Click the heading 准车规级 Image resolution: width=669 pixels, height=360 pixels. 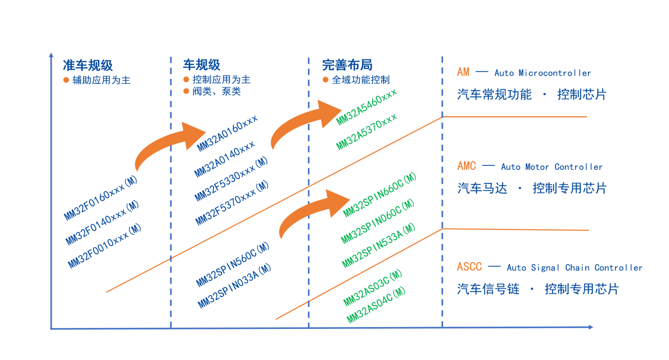88,65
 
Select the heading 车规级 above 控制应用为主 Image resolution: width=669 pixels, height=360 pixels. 202,65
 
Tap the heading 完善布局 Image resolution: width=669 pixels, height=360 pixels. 347,65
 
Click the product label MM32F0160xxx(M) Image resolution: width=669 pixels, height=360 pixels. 101,198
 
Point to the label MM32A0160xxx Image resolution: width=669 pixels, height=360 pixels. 227,133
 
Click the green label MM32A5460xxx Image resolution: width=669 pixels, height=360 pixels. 366,107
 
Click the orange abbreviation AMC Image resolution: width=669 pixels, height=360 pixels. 466,166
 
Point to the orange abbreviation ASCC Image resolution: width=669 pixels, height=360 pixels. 469,267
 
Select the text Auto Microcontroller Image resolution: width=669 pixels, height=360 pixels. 542,73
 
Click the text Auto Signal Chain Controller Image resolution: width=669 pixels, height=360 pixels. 574,268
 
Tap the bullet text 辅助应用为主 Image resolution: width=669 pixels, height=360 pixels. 101,81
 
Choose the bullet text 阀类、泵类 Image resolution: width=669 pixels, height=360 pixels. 216,91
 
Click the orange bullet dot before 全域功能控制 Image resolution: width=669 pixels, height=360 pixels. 325,80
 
